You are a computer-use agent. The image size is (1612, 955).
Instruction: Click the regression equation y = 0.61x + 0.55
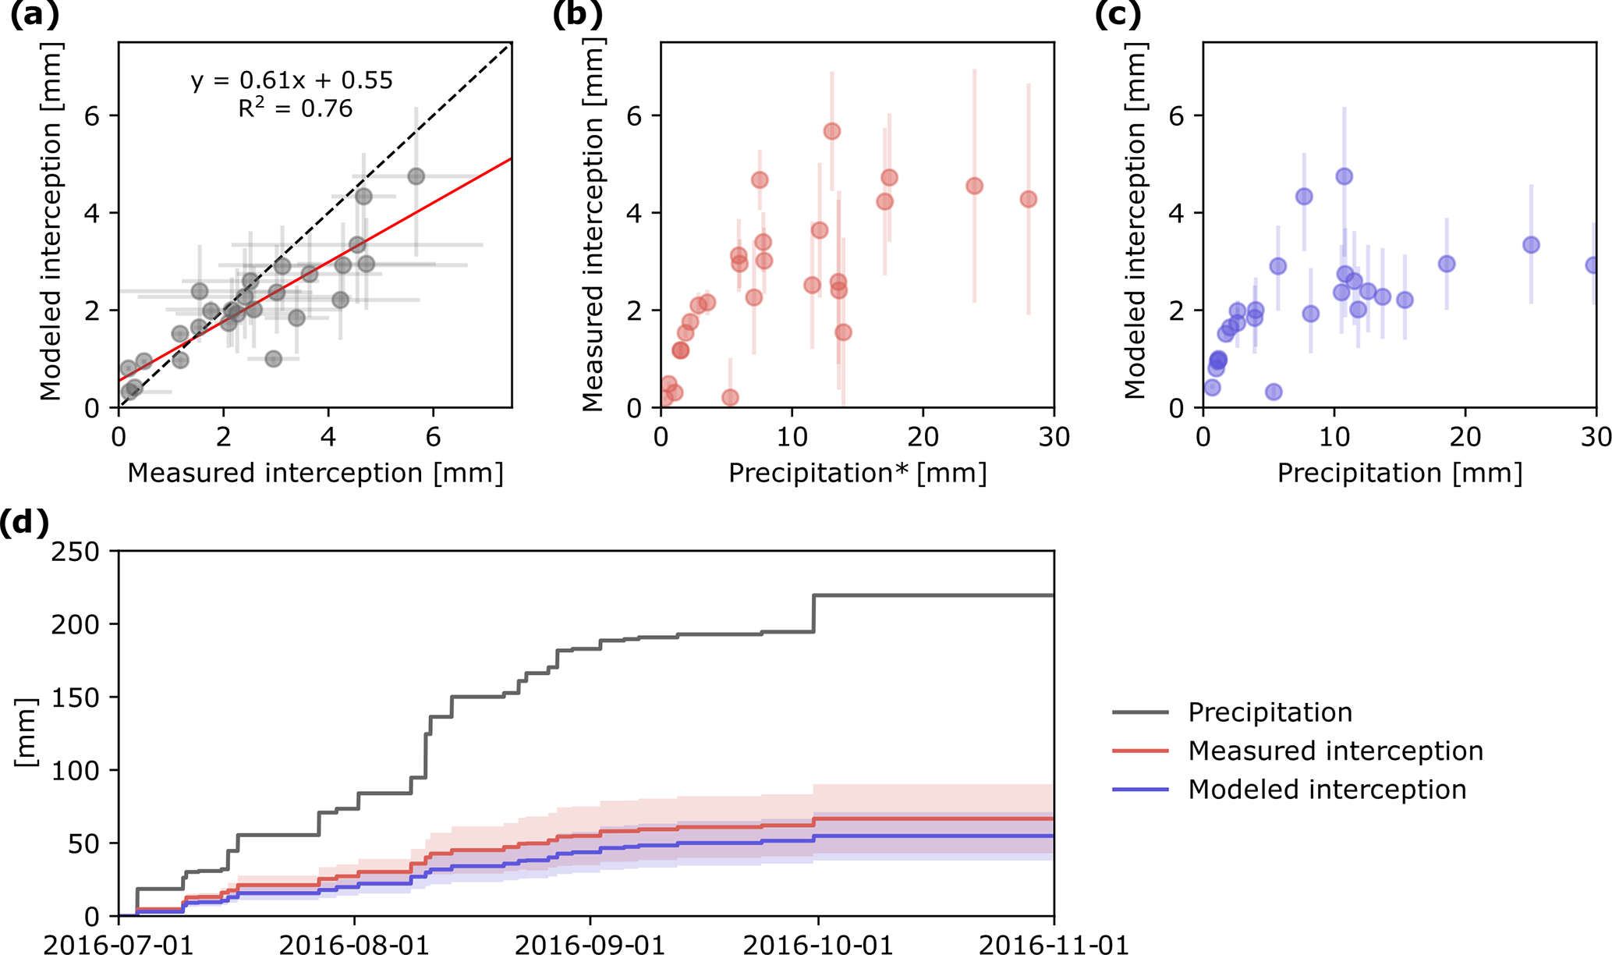292,80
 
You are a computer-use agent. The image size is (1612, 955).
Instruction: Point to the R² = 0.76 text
295,108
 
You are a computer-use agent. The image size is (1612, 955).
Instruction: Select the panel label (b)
577,16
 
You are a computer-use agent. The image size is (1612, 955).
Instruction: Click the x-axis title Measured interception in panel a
315,473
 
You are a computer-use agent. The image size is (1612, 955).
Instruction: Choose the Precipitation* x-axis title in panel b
857,473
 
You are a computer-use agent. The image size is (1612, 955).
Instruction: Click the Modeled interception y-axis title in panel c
1135,221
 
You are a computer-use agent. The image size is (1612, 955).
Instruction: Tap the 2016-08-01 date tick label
354,945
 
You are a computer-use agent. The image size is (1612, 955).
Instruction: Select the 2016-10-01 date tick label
818,945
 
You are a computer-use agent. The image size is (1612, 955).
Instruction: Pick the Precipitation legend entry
1270,712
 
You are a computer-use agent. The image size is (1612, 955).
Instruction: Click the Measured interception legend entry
1335,751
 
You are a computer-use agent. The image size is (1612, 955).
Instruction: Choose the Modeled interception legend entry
1327,790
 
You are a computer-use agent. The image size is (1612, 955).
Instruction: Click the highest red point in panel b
832,131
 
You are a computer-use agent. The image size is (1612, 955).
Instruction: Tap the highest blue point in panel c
1344,176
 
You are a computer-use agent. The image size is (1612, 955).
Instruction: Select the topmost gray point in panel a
416,176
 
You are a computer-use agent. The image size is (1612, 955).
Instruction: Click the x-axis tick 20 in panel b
923,436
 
